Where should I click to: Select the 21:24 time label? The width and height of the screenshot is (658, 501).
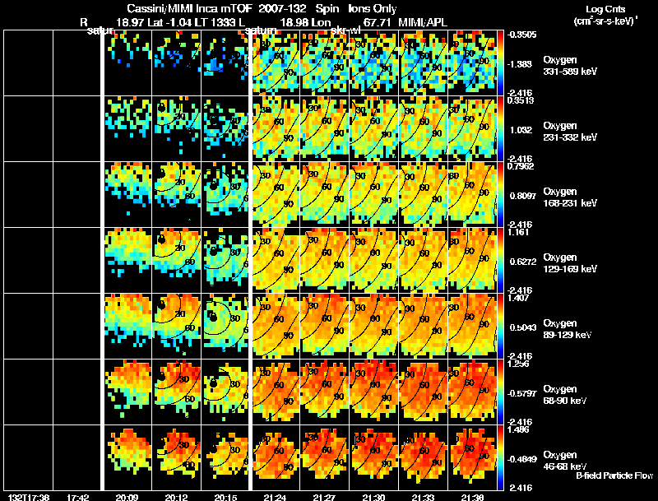[275, 497]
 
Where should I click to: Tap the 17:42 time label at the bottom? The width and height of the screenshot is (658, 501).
[77, 497]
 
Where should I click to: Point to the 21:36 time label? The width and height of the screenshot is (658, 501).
[473, 497]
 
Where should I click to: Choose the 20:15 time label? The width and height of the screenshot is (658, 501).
[225, 497]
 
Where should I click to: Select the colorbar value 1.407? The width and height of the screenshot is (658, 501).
[518, 299]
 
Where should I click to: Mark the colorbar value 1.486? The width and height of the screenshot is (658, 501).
[518, 430]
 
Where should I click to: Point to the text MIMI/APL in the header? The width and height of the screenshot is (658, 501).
[424, 22]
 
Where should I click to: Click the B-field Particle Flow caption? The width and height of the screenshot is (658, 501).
[615, 475]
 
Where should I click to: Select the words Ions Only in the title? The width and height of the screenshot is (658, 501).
[373, 8]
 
